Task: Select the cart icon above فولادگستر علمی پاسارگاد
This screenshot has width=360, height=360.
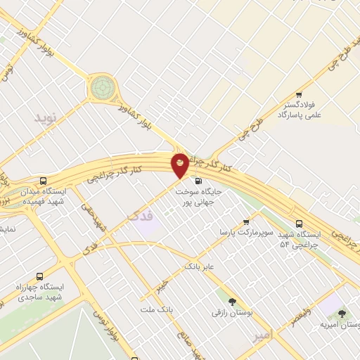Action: (x=299, y=95)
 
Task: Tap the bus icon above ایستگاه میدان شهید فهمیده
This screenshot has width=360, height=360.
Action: (x=44, y=180)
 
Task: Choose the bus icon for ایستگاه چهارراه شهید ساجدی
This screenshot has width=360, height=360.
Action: (x=39, y=276)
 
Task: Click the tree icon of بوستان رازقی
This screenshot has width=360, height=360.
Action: (x=224, y=300)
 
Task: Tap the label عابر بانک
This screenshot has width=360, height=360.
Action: (x=198, y=267)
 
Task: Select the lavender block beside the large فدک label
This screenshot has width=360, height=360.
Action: (x=146, y=227)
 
